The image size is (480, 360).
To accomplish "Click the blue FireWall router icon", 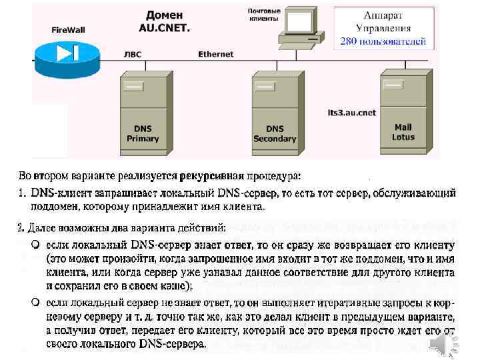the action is (67, 52).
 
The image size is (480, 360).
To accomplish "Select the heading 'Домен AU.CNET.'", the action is (164, 21).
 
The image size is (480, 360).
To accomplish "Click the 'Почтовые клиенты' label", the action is (263, 15).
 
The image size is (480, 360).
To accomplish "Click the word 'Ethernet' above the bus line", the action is (215, 54).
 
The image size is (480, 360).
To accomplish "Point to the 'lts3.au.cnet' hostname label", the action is (353, 113).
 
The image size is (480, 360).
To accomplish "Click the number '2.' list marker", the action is (22, 228).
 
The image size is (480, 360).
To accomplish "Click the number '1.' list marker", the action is (22, 193).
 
